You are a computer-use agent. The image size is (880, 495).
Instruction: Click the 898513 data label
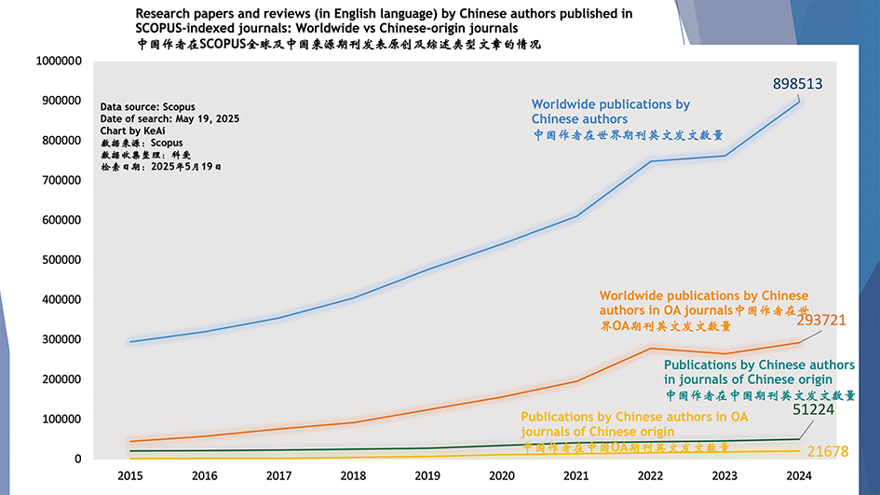point(798,84)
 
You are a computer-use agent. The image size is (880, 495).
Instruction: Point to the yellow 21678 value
point(828,452)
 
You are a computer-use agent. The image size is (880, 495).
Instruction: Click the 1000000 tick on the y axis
point(58,61)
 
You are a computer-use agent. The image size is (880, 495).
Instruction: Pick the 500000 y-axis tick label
point(61,260)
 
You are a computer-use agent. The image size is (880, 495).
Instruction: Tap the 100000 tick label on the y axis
point(61,419)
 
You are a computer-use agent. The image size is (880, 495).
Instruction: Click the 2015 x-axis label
point(130,475)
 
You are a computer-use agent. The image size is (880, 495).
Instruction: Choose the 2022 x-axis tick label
point(649,475)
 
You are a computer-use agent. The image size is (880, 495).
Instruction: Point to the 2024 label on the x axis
point(798,475)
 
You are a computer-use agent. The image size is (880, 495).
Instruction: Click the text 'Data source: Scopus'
point(147,106)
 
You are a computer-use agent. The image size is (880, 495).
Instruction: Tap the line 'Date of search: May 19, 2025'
point(170,118)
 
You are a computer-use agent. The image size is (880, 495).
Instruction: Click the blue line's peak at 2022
point(651,161)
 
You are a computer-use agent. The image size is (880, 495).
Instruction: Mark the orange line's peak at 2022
point(651,349)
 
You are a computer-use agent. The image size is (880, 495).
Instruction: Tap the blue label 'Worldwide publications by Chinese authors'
point(610,112)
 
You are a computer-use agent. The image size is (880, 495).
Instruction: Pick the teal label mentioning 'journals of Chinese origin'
point(748,372)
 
